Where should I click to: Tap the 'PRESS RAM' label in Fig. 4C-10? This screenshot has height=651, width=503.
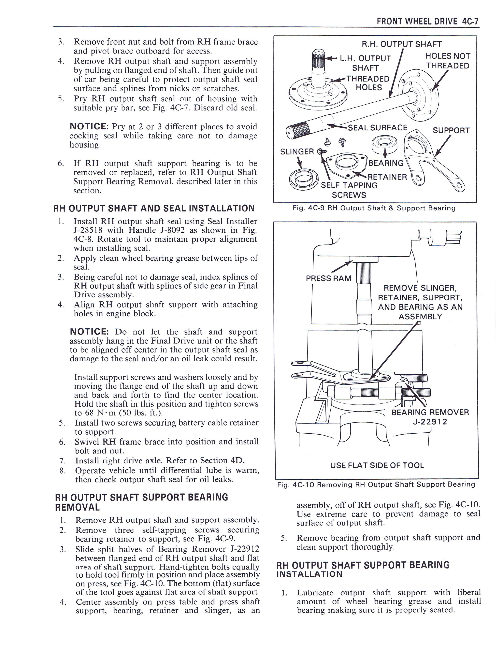coord(328,278)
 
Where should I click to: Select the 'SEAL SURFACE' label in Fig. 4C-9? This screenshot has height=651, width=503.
coord(377,128)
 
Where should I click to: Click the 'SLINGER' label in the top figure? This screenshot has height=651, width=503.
coord(297,152)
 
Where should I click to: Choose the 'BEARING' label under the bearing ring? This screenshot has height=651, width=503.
coord(386,163)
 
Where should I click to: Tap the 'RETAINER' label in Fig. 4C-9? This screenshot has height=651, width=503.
coord(387,177)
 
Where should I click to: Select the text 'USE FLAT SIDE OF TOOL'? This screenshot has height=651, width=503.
coord(377,465)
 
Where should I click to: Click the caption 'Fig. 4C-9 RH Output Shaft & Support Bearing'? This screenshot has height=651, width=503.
coord(374,208)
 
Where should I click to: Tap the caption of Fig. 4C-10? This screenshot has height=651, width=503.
coord(376,485)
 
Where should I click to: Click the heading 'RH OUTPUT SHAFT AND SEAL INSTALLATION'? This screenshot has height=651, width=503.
coord(154,208)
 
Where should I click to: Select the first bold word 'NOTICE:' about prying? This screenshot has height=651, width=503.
coord(89,126)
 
